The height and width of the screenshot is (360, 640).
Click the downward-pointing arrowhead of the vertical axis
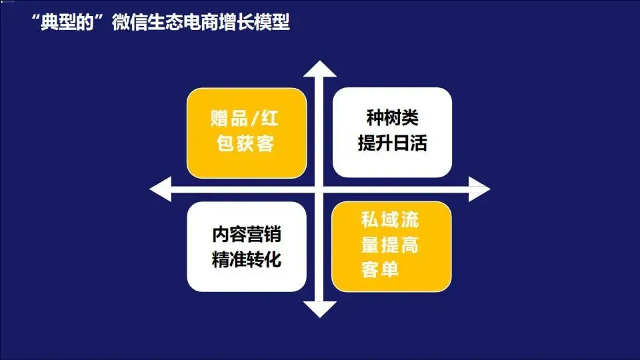point(320,309)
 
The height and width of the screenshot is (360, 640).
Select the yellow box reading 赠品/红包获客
point(247,131)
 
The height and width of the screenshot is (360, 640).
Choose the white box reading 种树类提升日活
point(392,131)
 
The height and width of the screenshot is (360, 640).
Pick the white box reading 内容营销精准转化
point(247,247)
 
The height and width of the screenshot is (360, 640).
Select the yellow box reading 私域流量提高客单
point(392,247)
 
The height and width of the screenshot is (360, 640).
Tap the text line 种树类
point(392,119)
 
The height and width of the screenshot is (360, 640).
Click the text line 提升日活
point(392,143)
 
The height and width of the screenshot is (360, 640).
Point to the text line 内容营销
point(246,235)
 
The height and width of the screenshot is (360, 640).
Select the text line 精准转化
point(246,259)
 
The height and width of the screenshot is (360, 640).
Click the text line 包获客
point(245,143)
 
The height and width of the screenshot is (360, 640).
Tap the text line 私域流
point(390,220)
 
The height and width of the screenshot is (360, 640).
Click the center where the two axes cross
point(320,189)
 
